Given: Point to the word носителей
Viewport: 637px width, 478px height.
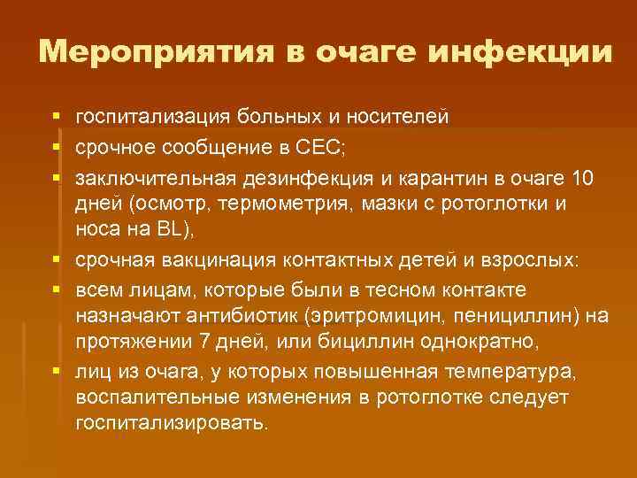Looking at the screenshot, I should (397, 118).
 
